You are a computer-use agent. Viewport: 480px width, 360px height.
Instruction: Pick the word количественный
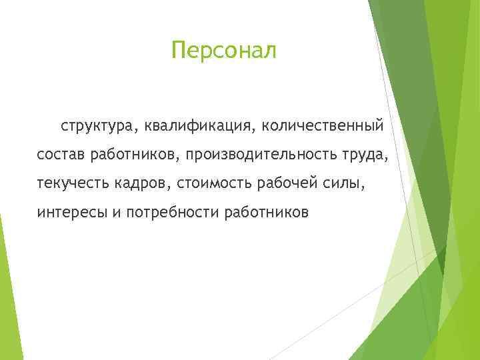[323, 125]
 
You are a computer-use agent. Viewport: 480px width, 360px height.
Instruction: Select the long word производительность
[262, 155]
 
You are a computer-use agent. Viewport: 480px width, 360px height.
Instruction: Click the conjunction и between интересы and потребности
[111, 214]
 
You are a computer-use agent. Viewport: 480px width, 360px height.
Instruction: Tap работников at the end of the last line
[267, 213]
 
